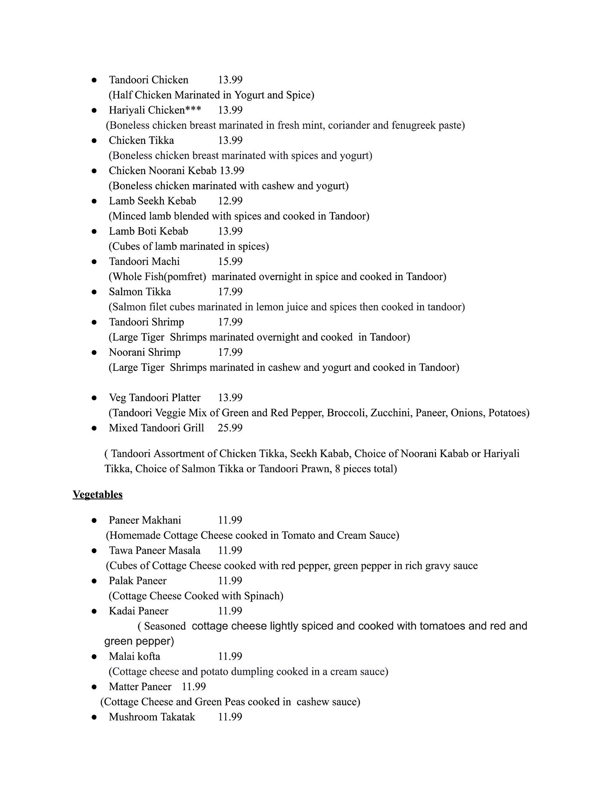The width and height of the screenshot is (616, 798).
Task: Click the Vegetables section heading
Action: [x=97, y=494]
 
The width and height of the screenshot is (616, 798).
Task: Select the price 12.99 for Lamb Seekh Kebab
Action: [x=230, y=201]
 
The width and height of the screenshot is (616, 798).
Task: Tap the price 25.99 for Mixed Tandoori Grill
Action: [x=230, y=428]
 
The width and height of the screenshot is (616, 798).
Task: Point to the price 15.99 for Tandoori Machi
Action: [x=230, y=261]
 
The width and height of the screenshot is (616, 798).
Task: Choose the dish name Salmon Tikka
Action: [x=140, y=292]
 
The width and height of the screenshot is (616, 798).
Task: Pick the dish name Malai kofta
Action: [x=134, y=657]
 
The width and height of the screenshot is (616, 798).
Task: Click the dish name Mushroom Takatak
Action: [x=152, y=717]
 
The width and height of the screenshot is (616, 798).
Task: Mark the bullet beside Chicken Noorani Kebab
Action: [x=94, y=171]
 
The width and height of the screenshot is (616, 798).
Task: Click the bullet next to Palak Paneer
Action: [x=94, y=581]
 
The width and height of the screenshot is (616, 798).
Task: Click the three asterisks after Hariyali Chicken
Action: [x=193, y=109]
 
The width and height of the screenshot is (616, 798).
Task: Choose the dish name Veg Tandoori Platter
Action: [x=155, y=398]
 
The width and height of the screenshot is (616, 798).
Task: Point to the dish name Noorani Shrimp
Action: [x=144, y=352]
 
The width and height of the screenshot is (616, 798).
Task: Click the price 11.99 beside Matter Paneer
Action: [x=194, y=687]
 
